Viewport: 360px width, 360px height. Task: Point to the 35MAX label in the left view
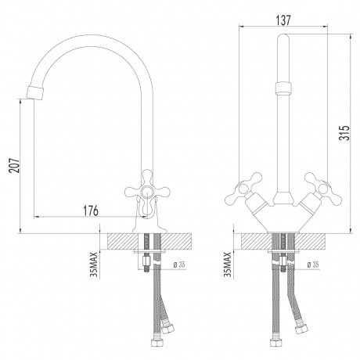[95, 264]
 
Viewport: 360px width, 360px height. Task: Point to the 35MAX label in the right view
[228, 264]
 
